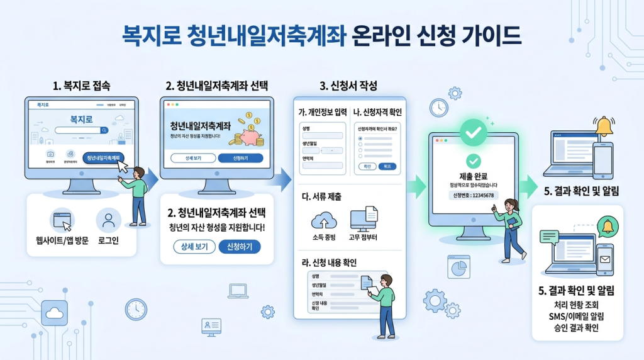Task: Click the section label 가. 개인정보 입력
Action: point(322,113)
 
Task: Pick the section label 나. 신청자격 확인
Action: point(377,113)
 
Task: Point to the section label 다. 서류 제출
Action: point(322,197)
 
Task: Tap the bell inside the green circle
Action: point(606,225)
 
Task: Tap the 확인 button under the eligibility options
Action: point(366,166)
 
